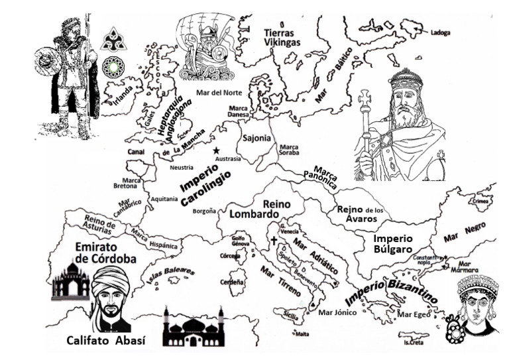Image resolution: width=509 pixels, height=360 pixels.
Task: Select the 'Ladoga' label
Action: [x=440, y=32]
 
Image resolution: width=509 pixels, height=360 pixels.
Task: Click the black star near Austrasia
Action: [x=216, y=150]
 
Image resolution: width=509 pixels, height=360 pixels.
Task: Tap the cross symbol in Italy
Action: [x=272, y=241]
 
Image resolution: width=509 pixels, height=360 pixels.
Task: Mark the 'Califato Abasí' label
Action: [x=105, y=341]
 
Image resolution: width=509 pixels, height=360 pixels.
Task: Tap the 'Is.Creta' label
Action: [x=414, y=343]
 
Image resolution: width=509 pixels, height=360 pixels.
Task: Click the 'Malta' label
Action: [x=302, y=333]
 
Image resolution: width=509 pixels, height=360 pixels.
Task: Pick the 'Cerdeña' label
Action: [x=236, y=282]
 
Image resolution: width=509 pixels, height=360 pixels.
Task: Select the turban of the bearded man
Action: [x=109, y=281]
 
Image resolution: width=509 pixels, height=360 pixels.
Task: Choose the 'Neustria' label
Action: [x=182, y=167]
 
